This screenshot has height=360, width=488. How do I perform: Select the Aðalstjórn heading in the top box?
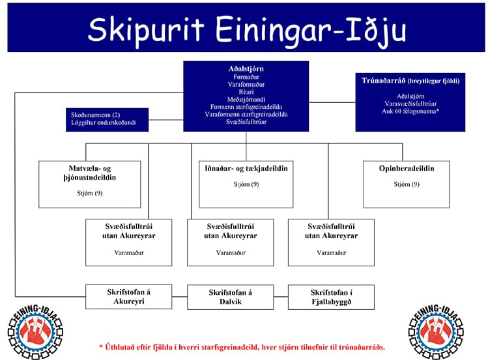(246, 68)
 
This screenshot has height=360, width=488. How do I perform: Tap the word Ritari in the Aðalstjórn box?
(246, 92)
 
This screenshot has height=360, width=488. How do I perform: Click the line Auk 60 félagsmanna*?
(410, 111)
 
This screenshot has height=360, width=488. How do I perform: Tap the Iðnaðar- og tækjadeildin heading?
(246, 169)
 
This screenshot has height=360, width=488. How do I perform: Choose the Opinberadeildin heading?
(407, 169)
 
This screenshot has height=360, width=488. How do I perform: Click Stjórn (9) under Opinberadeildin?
(407, 184)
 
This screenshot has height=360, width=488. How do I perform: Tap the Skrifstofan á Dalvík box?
(230, 296)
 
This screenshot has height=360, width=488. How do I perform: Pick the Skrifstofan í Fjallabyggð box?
(331, 296)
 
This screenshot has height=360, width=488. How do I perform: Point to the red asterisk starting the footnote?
(101, 346)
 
